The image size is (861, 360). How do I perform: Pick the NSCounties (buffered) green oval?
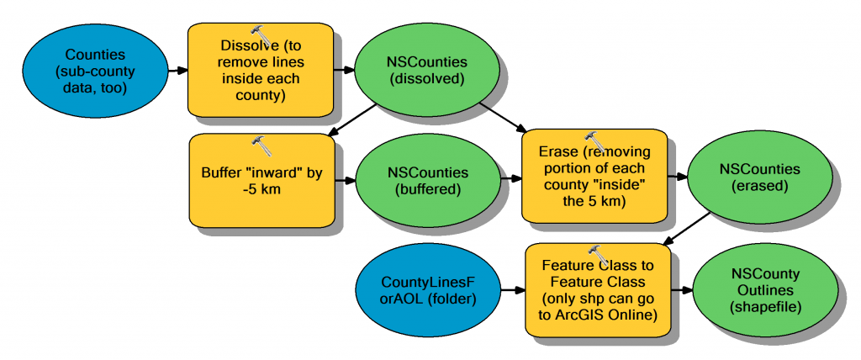428,182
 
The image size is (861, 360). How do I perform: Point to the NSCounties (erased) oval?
759,177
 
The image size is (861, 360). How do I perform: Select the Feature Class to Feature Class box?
599,291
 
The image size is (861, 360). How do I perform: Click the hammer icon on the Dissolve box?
261,35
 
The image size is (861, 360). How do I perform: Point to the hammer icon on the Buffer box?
262,145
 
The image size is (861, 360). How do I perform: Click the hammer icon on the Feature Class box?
599,254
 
